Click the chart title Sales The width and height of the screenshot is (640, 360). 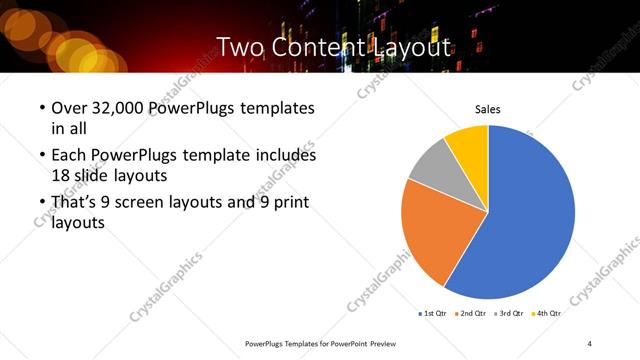(x=487, y=110)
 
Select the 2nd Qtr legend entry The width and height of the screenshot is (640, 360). (x=473, y=313)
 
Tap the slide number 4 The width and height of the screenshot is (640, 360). (x=590, y=343)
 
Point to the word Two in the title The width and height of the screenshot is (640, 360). (x=238, y=46)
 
